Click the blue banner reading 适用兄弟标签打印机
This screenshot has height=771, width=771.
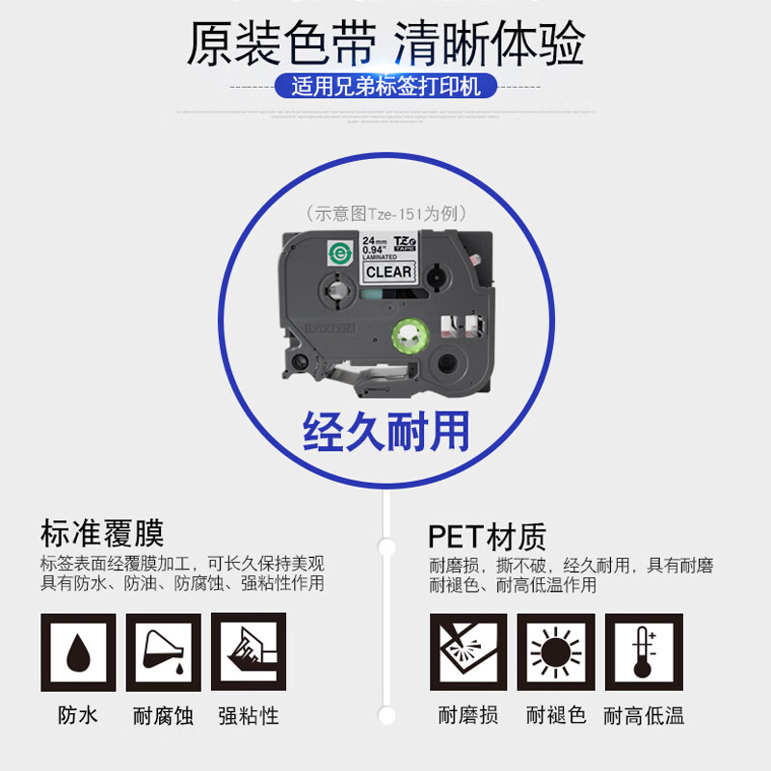point(385,87)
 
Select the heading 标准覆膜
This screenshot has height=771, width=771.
point(102,533)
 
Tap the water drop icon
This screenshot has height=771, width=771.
point(78,652)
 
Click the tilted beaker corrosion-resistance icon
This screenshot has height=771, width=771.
point(163,652)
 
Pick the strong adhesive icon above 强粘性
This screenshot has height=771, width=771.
point(248,652)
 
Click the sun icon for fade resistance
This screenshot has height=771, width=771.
point(555,652)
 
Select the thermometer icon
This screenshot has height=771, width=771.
point(643,652)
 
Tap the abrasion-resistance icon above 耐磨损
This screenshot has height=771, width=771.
point(467,652)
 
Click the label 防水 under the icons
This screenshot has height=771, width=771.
point(78,715)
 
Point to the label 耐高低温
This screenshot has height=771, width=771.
point(643,715)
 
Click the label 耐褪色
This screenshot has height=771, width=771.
point(555,715)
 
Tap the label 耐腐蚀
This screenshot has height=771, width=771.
point(163,715)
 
